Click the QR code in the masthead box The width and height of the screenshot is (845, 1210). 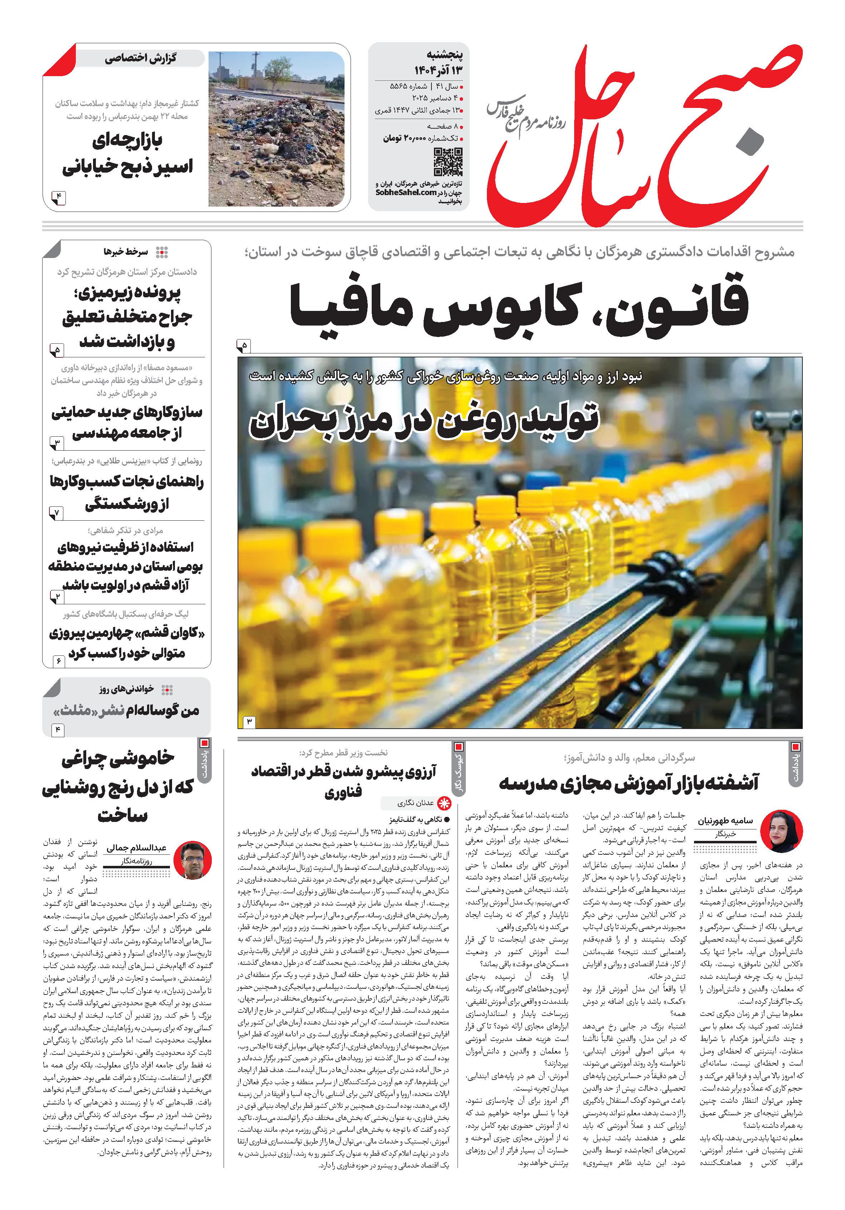(x=448, y=162)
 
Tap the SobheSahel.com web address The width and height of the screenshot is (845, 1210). (x=406, y=192)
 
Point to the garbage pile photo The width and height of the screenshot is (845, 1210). (x=277, y=129)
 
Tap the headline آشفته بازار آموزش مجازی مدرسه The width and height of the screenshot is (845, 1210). (x=628, y=783)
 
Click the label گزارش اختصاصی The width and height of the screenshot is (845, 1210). (x=140, y=58)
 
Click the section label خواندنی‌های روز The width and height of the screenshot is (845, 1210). (x=127, y=689)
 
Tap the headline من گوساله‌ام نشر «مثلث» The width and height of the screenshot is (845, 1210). (x=127, y=710)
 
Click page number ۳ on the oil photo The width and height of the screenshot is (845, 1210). (x=248, y=721)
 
